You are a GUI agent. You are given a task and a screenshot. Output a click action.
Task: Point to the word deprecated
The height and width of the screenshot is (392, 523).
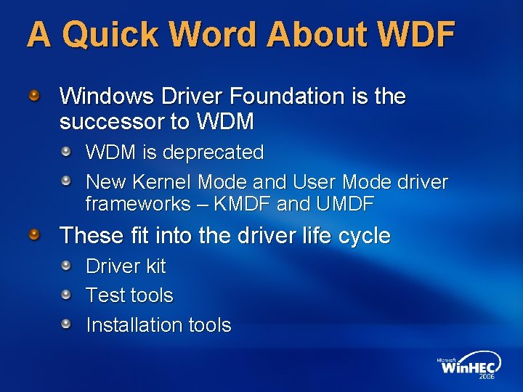[x=214, y=152]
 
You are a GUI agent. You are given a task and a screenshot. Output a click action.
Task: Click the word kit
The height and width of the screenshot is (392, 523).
[x=155, y=266]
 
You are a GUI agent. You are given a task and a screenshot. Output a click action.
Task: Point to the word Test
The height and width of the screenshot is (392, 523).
[x=102, y=295]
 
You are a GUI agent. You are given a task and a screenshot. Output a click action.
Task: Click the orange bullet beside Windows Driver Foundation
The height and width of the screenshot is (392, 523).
[x=35, y=94]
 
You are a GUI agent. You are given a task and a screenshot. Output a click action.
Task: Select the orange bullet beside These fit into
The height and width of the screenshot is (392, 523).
[x=35, y=234]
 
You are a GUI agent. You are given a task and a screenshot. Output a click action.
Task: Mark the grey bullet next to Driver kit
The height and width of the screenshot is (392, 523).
[x=66, y=266]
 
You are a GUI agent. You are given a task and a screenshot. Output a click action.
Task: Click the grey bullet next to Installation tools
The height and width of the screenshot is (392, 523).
[x=66, y=324]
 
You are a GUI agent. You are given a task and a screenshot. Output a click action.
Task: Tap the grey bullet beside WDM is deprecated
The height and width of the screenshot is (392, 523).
[x=66, y=152]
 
